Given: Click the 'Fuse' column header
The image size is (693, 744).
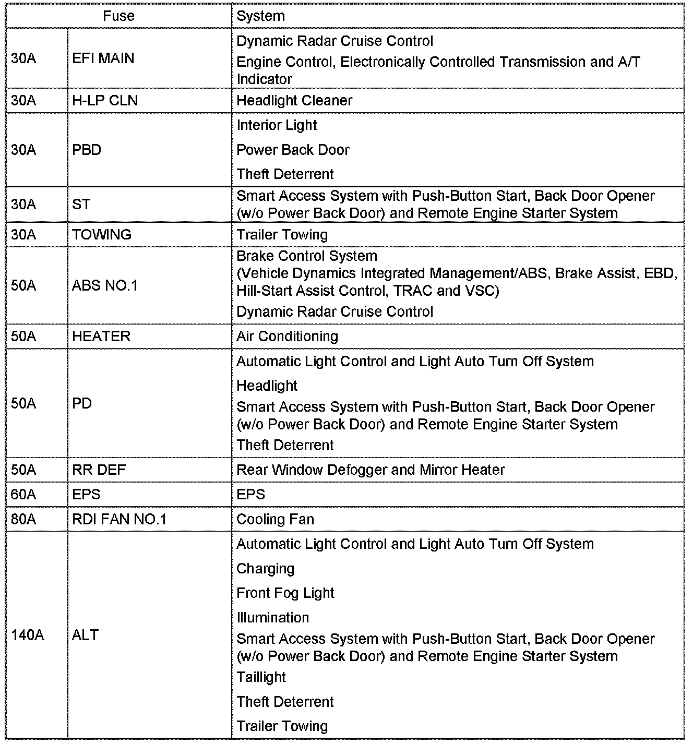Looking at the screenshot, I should [x=118, y=16].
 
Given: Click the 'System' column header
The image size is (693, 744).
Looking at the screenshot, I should [x=260, y=16].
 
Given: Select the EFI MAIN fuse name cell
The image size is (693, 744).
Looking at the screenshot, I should [x=103, y=58].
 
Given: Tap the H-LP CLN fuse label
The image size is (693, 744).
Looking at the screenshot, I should [x=105, y=100].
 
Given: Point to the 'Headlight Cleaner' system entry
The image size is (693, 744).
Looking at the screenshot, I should [x=294, y=100].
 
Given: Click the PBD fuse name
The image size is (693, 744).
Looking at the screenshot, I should [x=87, y=150].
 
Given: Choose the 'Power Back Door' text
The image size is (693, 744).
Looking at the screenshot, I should [x=293, y=150].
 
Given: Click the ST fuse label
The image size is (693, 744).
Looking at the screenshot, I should [x=81, y=204].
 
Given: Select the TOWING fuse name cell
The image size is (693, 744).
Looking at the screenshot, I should [x=102, y=234].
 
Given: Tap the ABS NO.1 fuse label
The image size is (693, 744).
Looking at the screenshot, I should [x=105, y=285].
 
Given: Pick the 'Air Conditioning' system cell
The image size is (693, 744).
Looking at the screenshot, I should [x=287, y=336].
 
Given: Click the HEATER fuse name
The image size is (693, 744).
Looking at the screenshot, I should [x=101, y=336].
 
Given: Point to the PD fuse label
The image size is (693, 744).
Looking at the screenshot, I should [x=82, y=403].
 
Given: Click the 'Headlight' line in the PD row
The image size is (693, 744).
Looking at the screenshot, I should [x=267, y=386].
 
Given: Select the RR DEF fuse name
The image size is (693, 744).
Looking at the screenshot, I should [x=99, y=470].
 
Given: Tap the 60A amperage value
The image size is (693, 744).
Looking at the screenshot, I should [x=23, y=494].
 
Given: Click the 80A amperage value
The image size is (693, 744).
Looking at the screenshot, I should [x=23, y=519].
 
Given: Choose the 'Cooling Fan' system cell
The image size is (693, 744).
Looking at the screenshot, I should [x=275, y=519].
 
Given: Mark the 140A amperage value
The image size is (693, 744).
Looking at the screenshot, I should [x=28, y=635].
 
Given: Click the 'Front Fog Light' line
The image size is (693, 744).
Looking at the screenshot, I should [x=285, y=593].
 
